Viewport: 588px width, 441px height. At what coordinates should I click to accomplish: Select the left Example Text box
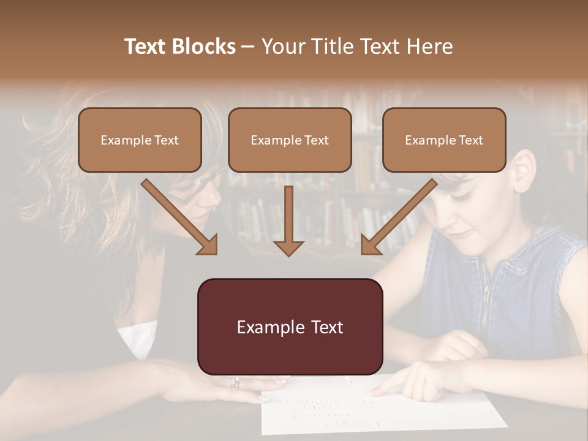point(140,140)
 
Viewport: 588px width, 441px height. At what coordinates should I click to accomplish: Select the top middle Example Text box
point(290,140)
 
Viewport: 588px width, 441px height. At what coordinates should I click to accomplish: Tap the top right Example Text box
point(444,140)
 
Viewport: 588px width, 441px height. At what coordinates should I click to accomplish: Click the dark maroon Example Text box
point(290,326)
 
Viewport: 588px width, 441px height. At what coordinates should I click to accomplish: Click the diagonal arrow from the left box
point(179,216)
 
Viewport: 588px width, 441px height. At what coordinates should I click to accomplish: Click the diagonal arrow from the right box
point(399,216)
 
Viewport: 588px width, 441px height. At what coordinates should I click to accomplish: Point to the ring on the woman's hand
point(235,383)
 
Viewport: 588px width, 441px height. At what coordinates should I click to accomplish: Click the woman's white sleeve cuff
point(137,337)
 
